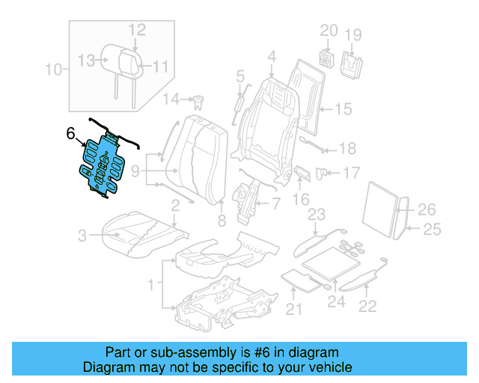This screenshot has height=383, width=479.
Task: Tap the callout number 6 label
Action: click(x=70, y=134)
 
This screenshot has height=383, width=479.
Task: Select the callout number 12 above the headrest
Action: click(x=136, y=29)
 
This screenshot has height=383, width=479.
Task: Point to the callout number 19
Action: click(x=353, y=34)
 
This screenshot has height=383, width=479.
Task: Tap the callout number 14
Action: click(x=171, y=99)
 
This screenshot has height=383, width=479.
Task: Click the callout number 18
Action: click(x=347, y=148)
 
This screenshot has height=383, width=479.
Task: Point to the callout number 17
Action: click(x=351, y=173)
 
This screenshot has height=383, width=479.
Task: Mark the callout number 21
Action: click(x=294, y=308)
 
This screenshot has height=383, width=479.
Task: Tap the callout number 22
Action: click(x=367, y=305)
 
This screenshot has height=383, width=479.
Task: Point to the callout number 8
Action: click(x=221, y=220)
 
